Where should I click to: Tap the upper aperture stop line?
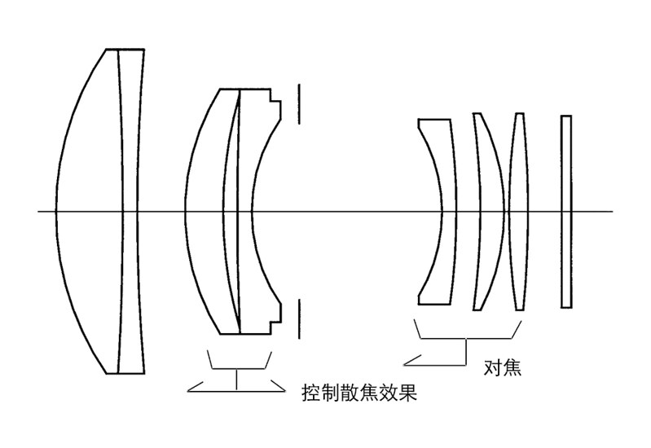298,103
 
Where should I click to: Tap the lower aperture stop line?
298,318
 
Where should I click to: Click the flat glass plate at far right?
566,211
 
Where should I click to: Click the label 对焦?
503,367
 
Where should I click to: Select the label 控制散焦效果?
359,393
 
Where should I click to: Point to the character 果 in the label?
407,393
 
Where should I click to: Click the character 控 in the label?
311,393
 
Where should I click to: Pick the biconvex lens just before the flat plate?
519,211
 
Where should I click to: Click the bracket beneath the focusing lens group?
466,339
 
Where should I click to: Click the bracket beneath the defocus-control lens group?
237,369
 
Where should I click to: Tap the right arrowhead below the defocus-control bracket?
277,386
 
